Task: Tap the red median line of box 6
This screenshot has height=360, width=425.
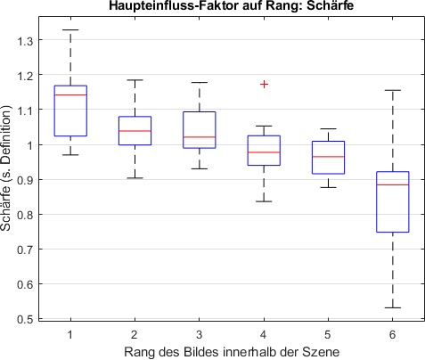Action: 393,184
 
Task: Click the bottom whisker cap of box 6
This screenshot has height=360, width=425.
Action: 393,307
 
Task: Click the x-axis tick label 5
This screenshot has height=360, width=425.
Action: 329,332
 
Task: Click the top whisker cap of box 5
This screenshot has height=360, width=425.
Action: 329,129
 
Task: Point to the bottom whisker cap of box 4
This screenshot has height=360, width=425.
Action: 264,201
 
